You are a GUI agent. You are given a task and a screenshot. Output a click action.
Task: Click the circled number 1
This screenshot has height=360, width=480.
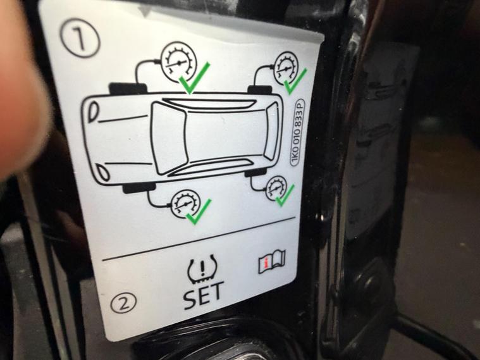coord(80,38)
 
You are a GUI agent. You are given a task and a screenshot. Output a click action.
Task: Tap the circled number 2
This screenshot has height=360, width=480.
coord(123,302)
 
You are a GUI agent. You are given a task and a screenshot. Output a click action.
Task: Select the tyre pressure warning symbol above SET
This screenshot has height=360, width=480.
coord(202,268)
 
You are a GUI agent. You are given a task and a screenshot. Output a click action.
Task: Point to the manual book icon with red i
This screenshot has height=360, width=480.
coord(272,261)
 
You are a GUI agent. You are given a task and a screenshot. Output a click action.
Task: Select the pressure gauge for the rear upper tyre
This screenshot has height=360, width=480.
coord(286,69)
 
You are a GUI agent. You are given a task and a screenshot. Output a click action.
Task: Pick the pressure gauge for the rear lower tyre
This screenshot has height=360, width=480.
coord(277,188)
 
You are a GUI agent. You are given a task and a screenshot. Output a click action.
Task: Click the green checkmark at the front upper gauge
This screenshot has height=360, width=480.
coord(194,78)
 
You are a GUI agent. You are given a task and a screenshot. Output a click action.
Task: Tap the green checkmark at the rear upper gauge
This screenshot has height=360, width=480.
coord(295,82)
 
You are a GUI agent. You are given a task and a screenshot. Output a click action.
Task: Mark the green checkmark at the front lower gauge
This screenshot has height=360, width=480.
coord(199,212)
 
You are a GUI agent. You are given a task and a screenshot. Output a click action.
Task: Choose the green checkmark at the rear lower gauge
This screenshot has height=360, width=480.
coord(285,196)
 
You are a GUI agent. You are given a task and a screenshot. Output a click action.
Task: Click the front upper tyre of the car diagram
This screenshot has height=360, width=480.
coord(128,88)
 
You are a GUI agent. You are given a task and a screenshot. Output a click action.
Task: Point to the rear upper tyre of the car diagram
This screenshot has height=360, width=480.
coord(260,89)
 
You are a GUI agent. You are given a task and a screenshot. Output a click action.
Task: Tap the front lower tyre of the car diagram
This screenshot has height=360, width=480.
coord(139,188)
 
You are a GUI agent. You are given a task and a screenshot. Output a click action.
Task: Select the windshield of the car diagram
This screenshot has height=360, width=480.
coord(169,139)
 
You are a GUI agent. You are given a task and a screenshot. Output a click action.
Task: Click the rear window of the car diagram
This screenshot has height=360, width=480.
coord(271,131)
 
